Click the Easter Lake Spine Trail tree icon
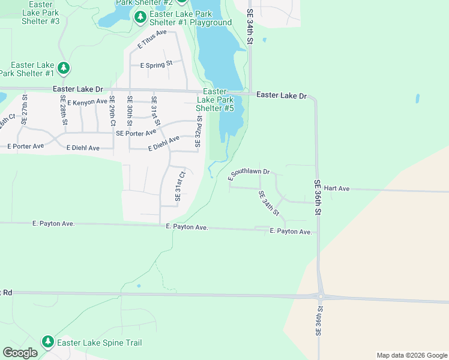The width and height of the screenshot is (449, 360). tap(48, 342)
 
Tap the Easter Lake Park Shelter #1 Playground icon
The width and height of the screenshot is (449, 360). tap(140, 17)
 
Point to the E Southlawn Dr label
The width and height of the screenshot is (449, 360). tap(250, 174)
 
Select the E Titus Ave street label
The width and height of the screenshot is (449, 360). tap(152, 39)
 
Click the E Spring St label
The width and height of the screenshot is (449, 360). tap(156, 64)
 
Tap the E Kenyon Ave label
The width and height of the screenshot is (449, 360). tap(87, 103)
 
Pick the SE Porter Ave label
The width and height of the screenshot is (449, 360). tap(136, 133)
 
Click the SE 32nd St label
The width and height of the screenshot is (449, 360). tap(197, 131)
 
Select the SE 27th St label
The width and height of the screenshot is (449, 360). tap(25, 109)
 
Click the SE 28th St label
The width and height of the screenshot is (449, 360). tap(63, 109)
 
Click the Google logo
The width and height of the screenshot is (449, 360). tap(20, 353)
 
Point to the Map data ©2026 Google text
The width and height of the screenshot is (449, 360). tap(411, 355)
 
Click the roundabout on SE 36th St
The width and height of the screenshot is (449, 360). tap(321, 295)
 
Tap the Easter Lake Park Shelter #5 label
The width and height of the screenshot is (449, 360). tap(214, 100)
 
